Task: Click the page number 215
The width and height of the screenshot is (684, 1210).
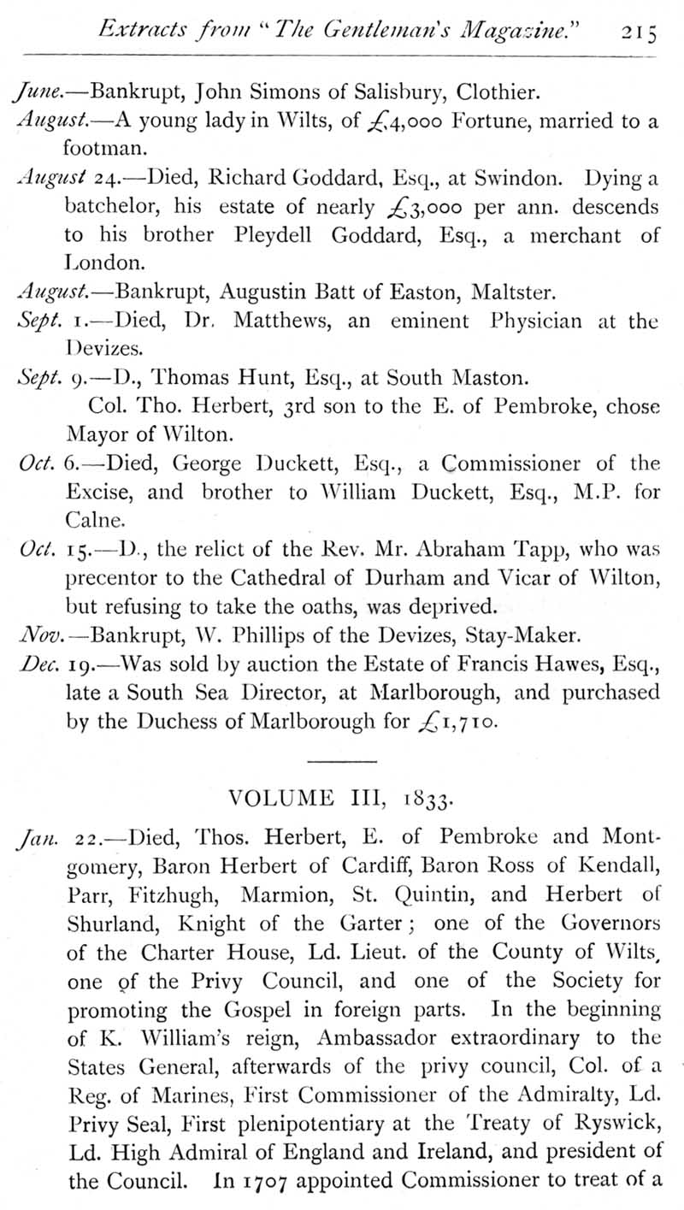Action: pos(640,32)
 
